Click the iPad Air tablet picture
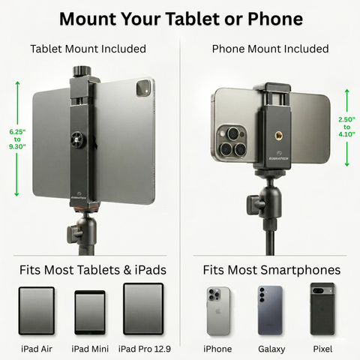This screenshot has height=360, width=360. click(37, 310)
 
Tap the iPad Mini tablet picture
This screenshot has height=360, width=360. click(90, 312)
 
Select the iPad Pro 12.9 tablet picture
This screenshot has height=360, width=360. click(143, 309)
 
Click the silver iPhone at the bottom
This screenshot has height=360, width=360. click(218, 311)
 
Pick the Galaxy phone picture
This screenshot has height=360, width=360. click(270, 310)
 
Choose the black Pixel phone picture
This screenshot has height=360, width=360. click(322, 309)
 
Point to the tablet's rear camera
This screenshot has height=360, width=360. click(144, 88)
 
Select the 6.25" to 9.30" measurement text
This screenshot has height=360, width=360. click(17, 139)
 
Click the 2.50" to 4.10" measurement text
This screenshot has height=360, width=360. click(346, 127)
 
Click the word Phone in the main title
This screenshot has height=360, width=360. click(275, 19)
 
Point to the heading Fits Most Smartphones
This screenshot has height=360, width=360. click(271, 270)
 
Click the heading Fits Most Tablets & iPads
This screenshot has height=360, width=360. click(93, 270)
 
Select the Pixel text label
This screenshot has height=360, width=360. click(322, 349)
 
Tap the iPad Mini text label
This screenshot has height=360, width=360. click(90, 349)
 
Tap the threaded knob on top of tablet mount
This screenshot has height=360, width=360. click(82, 72)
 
